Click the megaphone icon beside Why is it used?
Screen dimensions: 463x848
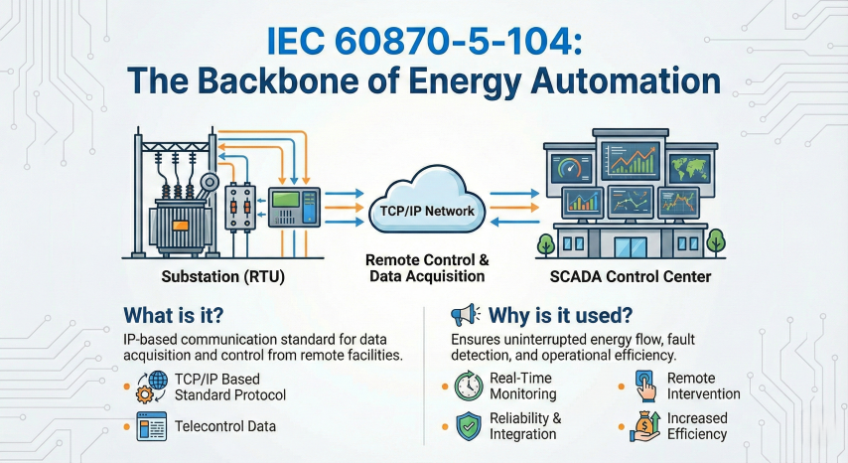[x=465, y=315]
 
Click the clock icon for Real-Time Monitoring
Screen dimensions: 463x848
[x=468, y=386]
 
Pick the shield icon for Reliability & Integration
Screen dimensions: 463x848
[x=468, y=426]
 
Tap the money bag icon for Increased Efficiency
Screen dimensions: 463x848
[x=644, y=426]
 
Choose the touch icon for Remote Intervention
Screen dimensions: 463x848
[x=643, y=385]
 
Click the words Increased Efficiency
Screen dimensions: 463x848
[x=698, y=426]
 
